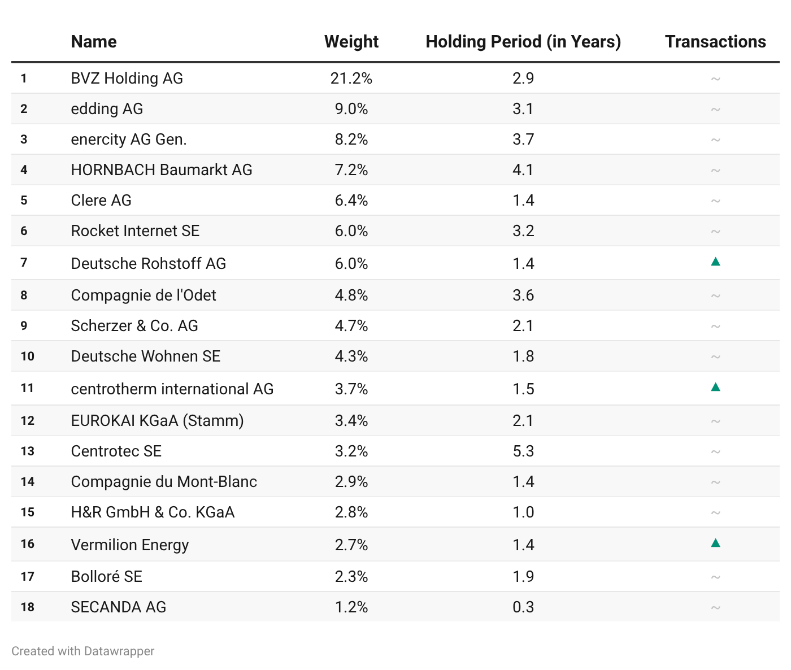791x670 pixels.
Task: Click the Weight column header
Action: [351, 42]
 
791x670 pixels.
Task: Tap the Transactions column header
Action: [715, 42]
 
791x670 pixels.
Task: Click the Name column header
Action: [94, 42]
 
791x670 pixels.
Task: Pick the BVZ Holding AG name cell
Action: [127, 79]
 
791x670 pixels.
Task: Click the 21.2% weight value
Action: [351, 79]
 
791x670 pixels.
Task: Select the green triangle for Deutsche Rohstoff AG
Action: [715, 262]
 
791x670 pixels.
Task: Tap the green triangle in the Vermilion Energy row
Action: [715, 543]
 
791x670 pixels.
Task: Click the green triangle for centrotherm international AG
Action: [715, 387]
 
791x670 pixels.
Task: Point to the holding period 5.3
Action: [523, 451]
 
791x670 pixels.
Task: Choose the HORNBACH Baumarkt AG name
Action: [162, 170]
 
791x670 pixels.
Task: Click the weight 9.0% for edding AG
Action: [351, 109]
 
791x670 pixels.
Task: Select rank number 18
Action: [28, 607]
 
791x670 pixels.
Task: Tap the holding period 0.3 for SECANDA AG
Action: [523, 607]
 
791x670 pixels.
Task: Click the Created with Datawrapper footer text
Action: [82, 651]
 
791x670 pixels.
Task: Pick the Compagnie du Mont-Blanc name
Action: [164, 482]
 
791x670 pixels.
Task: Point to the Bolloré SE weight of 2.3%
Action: [351, 577]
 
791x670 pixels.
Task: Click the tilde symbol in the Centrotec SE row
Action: [715, 451]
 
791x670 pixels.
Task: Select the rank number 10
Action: [28, 356]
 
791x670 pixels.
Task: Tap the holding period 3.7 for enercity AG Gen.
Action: [523, 140]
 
